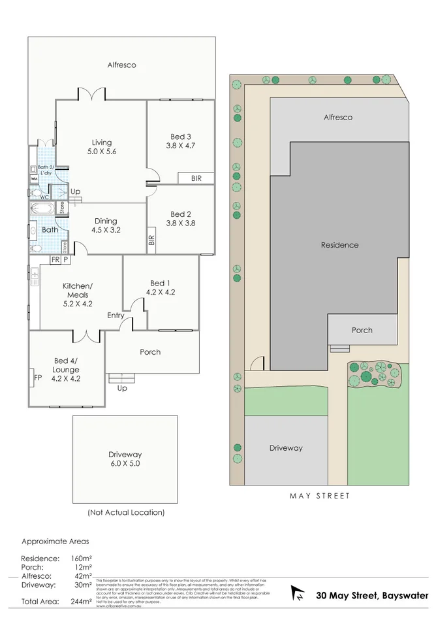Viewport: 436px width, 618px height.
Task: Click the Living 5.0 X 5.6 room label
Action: tap(101, 147)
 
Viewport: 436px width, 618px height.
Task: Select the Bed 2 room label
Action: tap(181, 218)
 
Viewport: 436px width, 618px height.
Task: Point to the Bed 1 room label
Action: tap(159, 287)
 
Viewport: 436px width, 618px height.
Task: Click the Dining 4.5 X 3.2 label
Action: tap(106, 225)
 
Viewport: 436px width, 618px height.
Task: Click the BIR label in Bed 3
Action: tap(196, 178)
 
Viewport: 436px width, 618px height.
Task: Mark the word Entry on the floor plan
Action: tap(116, 316)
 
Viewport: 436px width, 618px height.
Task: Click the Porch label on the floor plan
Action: tap(150, 352)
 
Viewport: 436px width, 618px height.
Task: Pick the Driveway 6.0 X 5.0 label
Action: tap(125, 459)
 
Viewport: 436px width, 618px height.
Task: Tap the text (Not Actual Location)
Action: tap(126, 513)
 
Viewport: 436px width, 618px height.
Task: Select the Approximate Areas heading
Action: tap(55, 542)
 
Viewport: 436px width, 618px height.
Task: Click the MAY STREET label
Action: tap(320, 496)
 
